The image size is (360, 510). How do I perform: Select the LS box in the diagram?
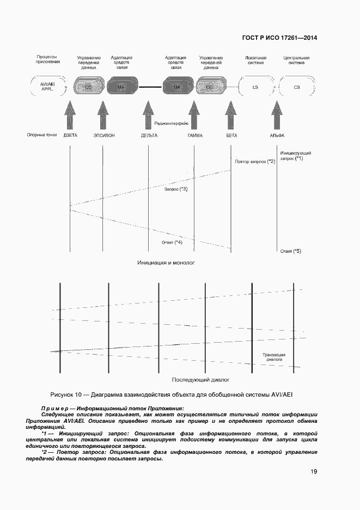coord(255,87)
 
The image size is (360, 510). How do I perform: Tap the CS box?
coord(296,87)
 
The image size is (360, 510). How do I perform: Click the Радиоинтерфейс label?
coord(172,124)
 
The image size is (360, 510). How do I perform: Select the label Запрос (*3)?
coord(175,189)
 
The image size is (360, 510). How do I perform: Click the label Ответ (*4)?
coord(172,242)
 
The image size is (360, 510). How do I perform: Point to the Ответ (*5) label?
coord(290,251)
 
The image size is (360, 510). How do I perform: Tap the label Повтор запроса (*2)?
coord(255,162)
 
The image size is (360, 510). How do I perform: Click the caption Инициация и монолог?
coord(167,263)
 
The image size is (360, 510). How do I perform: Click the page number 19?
coord(314,472)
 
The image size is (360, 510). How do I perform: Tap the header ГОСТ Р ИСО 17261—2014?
coord(279,38)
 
